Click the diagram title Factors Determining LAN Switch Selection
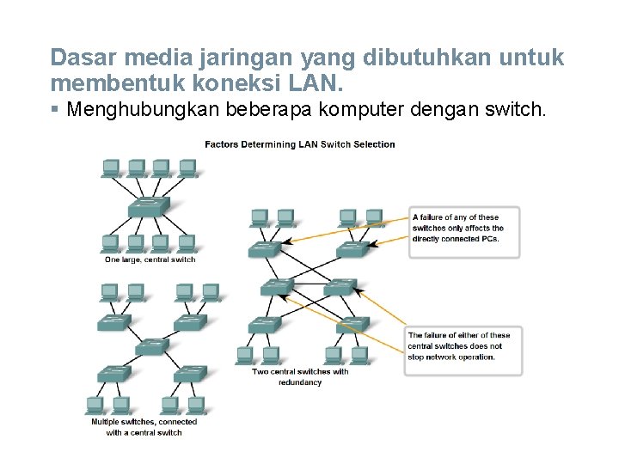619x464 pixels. [299, 144]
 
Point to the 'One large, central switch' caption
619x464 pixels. [150, 259]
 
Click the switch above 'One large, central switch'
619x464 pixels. [149, 207]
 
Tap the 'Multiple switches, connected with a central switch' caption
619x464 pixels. [144, 427]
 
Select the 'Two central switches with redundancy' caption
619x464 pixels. [300, 376]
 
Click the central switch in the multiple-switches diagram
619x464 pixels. [151, 346]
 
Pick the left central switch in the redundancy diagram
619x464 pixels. [276, 287]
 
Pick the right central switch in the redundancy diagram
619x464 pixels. [340, 286]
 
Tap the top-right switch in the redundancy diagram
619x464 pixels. [352, 249]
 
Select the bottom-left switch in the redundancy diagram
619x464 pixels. [263, 325]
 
